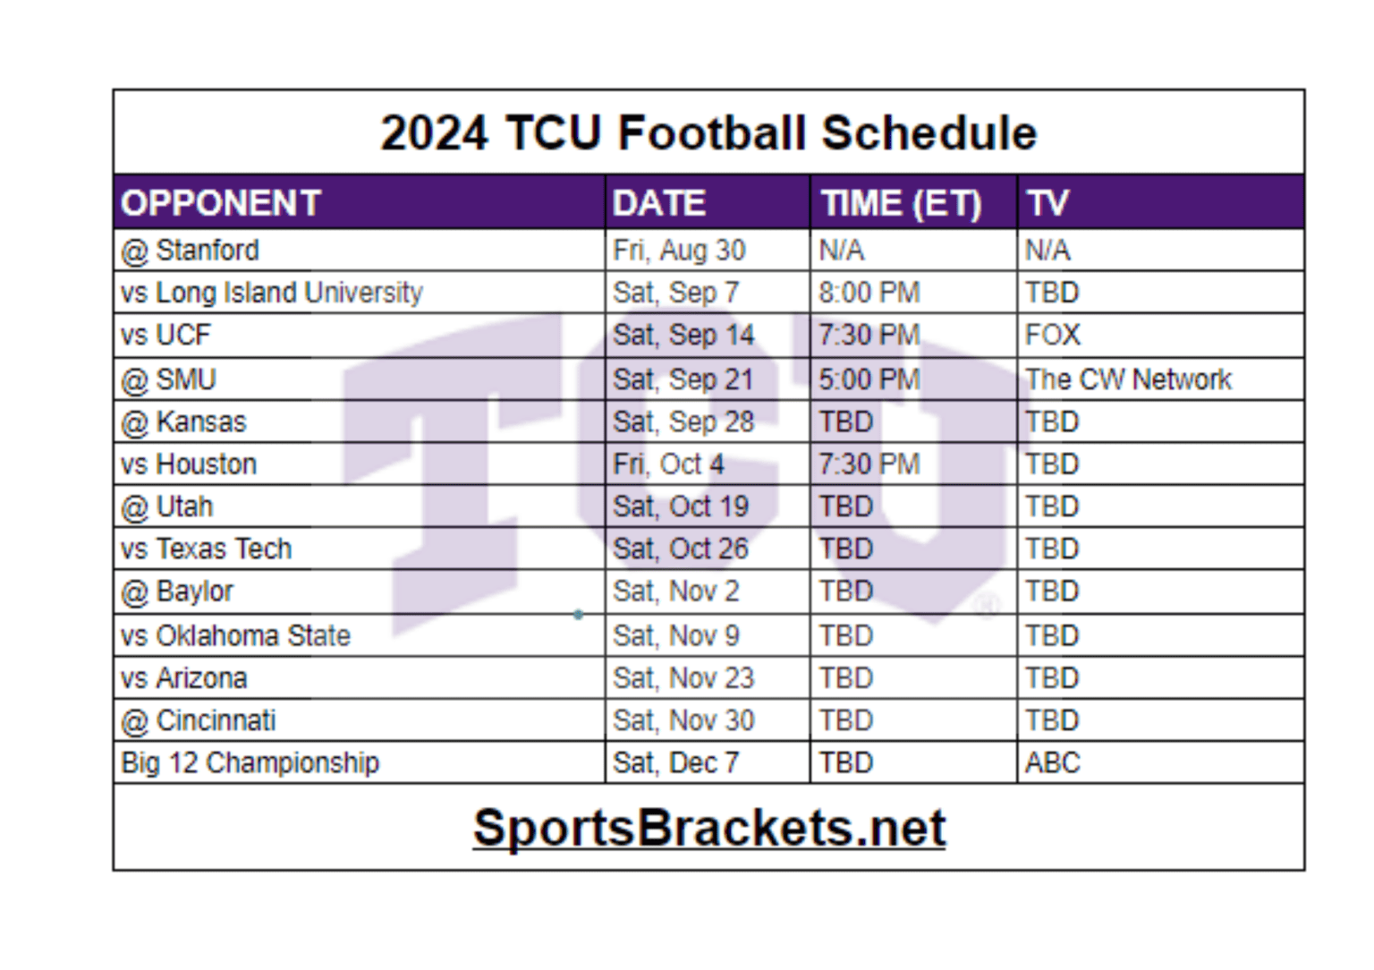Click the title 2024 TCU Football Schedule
[x=708, y=133]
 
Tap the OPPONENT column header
[x=221, y=203]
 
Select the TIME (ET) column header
[x=901, y=203]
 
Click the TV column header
[x=1047, y=203]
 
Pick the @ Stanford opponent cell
[x=191, y=251]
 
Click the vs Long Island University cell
[x=272, y=293]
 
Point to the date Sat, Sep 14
[x=683, y=335]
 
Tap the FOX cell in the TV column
[x=1053, y=335]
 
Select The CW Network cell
[x=1128, y=379]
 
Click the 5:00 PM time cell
[x=869, y=379]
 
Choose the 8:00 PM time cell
[x=869, y=293]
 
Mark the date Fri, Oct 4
[x=668, y=464]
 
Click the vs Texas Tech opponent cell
[x=207, y=549]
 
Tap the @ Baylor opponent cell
[x=177, y=591]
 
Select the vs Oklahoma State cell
[x=236, y=635]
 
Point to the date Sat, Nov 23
[x=683, y=678]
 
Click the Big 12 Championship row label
[x=250, y=763]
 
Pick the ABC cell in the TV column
[x=1053, y=763]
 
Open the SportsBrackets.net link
[x=708, y=828]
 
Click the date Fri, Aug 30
[x=679, y=251]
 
